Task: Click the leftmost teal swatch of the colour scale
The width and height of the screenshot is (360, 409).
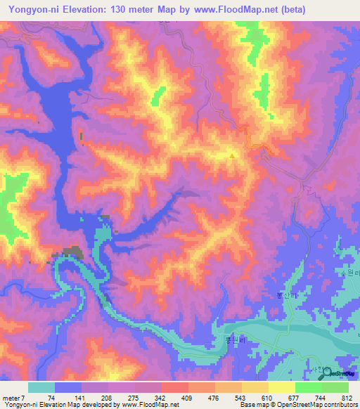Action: pyautogui.click(x=41, y=387)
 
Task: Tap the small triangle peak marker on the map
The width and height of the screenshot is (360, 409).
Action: pyautogui.click(x=232, y=156)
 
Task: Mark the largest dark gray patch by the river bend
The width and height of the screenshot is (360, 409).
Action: pyautogui.click(x=72, y=251)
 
